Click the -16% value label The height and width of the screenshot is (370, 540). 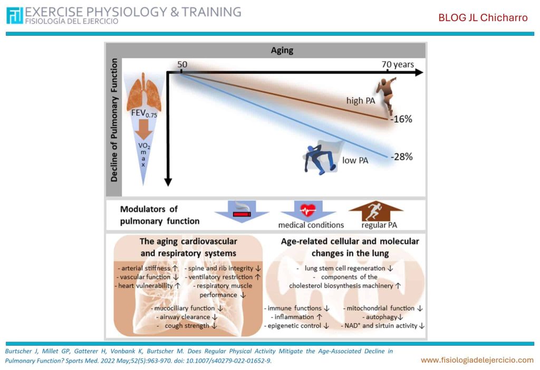click(401, 119)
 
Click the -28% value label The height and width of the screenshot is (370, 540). click(401, 157)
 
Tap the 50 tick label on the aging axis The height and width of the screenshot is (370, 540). click(182, 64)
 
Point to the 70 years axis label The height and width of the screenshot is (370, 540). click(398, 64)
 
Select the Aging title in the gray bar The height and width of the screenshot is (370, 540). click(282, 50)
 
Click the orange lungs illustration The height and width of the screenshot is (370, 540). click(144, 94)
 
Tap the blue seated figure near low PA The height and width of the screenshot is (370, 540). click(320, 158)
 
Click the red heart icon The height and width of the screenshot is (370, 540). click(308, 210)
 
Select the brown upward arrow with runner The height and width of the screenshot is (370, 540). click(375, 211)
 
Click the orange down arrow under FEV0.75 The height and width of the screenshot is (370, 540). click(143, 130)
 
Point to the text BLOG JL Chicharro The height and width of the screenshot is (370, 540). click(483, 17)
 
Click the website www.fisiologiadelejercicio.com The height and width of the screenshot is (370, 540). click(477, 360)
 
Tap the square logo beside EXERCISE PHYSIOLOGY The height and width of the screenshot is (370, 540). click(14, 15)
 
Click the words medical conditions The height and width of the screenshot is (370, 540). click(311, 225)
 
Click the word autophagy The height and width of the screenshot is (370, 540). click(381, 317)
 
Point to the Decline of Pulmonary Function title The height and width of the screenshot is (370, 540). click(114, 120)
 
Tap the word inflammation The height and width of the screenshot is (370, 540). click(294, 317)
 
